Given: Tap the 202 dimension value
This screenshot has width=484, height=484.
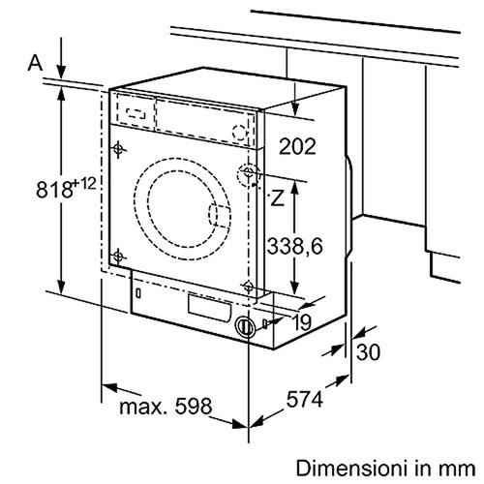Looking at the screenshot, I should click(297, 147).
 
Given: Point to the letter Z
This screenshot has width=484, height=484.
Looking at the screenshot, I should click(277, 199).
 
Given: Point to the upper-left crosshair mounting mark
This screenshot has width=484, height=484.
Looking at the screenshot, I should click(118, 149).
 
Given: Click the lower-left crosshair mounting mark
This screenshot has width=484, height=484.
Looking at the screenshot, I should click(118, 256).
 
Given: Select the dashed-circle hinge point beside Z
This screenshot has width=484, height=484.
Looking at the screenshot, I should click(249, 174).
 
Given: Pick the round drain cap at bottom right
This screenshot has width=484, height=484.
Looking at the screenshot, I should click(246, 326).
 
